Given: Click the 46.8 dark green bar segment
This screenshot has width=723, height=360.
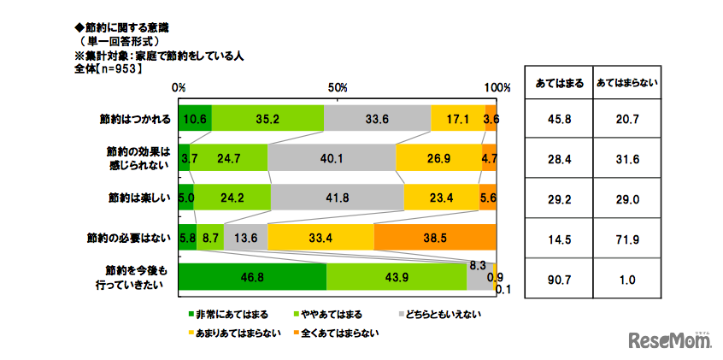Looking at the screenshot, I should pyautogui.click(x=253, y=276).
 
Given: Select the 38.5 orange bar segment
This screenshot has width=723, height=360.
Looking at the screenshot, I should pyautogui.click(x=435, y=237).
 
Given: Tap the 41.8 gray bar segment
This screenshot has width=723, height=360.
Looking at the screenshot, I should pyautogui.click(x=338, y=198).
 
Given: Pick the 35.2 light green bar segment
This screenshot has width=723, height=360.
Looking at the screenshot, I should pyautogui.click(x=267, y=119).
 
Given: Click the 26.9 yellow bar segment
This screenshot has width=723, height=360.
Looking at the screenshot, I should pyautogui.click(x=438, y=158).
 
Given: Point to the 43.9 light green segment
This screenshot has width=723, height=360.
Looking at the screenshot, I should pyautogui.click(x=397, y=276).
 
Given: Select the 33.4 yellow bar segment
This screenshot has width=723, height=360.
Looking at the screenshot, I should pyautogui.click(x=321, y=237).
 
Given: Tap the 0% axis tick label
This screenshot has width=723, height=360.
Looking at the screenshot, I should pyautogui.click(x=179, y=88).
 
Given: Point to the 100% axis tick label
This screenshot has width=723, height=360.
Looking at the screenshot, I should pyautogui.click(x=497, y=88).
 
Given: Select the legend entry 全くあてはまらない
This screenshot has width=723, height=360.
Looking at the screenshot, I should pyautogui.click(x=337, y=333).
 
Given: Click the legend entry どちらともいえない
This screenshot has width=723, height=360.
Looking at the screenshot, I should pyautogui.click(x=438, y=315).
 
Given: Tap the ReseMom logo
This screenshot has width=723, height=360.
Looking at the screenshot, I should pyautogui.click(x=672, y=339).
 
